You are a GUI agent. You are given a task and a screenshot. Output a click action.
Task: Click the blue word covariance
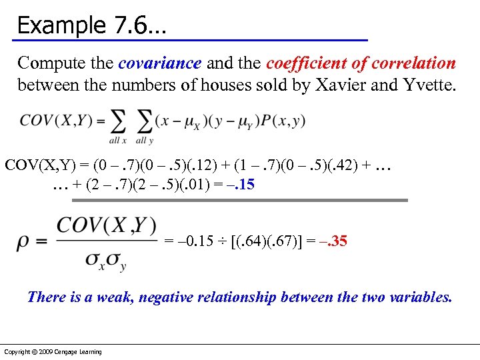click(x=159, y=63)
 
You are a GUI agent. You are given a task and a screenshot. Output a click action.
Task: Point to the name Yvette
click(x=424, y=86)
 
